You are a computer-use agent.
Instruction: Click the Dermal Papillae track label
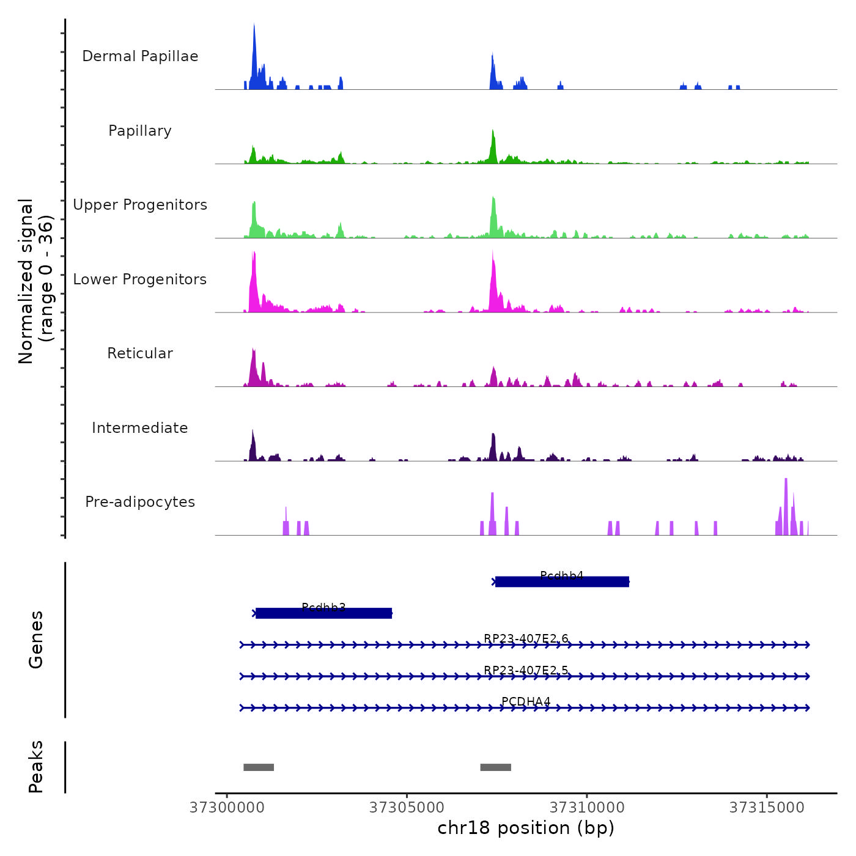coord(140,56)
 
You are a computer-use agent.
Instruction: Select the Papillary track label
coord(140,131)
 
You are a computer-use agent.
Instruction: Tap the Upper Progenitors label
coord(140,205)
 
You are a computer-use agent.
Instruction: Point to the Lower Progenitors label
coord(140,279)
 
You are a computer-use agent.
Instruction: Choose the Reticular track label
coord(140,353)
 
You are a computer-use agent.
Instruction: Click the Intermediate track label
coord(140,428)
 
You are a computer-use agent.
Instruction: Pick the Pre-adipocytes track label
coord(140,502)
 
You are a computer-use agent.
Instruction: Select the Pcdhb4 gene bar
coord(562,582)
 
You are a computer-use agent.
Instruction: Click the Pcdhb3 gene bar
coord(323,613)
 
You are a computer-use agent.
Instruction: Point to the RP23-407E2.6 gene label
coord(526,639)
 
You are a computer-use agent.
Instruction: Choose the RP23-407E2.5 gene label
coord(526,670)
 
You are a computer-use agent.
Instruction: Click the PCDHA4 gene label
coord(526,701)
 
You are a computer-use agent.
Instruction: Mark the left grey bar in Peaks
coord(259,767)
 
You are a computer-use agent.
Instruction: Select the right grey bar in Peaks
coord(495,767)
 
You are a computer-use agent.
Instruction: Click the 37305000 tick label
coord(407,808)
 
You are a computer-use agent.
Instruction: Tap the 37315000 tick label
coord(767,808)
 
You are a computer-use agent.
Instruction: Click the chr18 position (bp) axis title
coord(526,828)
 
